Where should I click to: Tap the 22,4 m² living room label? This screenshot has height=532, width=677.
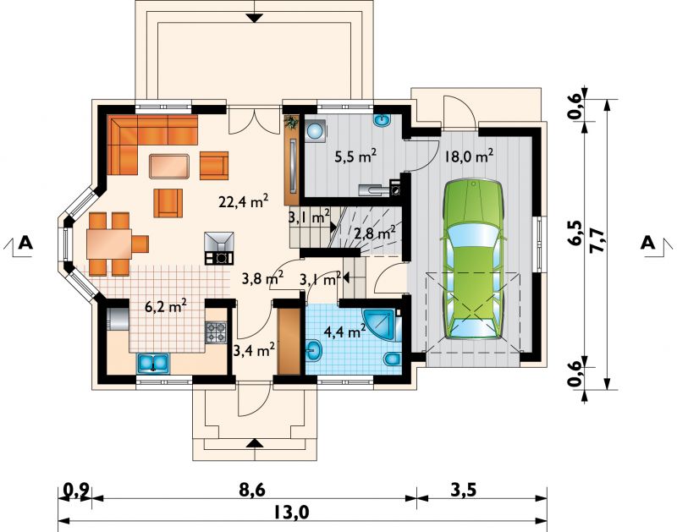pos(244,201)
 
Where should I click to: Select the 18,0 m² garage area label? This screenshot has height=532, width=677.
pos(468,156)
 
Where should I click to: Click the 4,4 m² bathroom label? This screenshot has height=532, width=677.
pos(345,332)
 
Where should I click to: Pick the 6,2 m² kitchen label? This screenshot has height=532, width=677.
pos(165,307)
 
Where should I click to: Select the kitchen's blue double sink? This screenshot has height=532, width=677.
pos(154,363)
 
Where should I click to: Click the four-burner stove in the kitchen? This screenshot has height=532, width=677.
pos(216,332)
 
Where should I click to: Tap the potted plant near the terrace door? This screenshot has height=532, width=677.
pos(292,122)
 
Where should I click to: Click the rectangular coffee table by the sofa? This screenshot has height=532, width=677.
pos(170,166)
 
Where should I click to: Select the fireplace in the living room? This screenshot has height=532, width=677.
pos(220,248)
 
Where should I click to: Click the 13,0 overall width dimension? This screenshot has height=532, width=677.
pos(292,513)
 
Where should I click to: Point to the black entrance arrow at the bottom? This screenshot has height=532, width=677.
pos(256,442)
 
